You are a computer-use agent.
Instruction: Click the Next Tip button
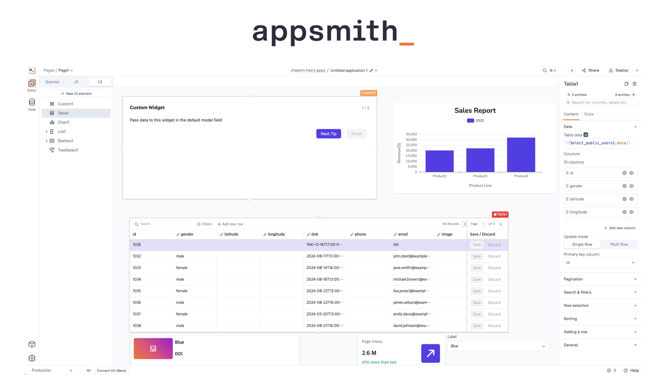coord(328,134)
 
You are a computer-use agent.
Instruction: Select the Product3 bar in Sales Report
coord(521,155)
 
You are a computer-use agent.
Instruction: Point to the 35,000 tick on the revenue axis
coord(411,134)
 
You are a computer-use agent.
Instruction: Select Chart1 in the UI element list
coord(64,122)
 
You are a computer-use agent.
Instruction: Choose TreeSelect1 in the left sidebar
coord(68,150)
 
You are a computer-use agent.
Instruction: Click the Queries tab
coord(52,82)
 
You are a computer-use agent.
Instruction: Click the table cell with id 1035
coord(137,291)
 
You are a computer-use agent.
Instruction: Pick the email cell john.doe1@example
coord(411,256)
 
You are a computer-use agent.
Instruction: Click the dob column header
coord(315,234)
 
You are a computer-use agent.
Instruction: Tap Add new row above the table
coord(230,224)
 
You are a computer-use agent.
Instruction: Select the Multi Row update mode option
coord(619,244)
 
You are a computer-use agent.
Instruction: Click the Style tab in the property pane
coord(588,114)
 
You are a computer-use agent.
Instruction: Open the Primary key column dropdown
coord(600,262)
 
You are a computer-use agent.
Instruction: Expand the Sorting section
coord(600,319)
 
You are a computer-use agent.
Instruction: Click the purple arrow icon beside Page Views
coord(430,353)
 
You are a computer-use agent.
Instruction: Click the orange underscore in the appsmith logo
coord(406,44)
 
